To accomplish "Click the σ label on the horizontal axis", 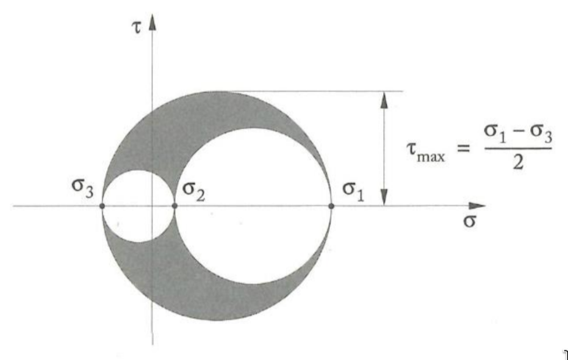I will [x=469, y=220].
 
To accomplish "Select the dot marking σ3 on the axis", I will [x=102, y=206].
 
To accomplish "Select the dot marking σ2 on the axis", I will [x=175, y=206].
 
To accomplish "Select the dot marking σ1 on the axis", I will [x=331, y=206].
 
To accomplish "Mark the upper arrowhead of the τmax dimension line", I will [x=384, y=98].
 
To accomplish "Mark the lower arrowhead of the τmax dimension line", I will [x=384, y=198].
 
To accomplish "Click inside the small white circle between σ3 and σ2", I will [x=138, y=206].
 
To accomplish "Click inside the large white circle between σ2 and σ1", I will [x=253, y=206].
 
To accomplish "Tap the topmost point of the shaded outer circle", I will [x=217, y=92].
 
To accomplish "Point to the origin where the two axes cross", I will [x=153, y=206].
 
